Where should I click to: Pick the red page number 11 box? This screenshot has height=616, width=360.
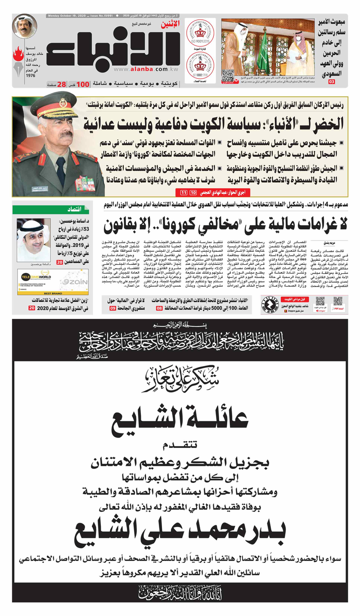183,193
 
